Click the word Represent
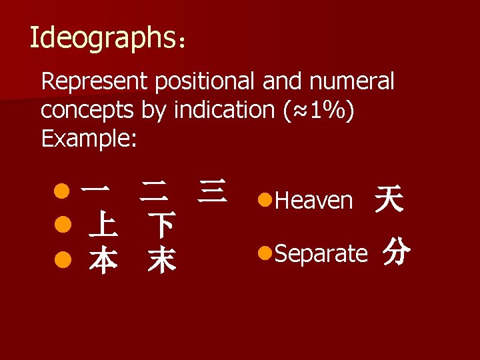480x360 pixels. (x=95, y=82)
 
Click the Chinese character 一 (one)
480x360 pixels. (x=95, y=191)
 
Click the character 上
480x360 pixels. (x=103, y=227)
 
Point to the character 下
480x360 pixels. (x=162, y=227)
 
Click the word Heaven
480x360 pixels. (x=313, y=200)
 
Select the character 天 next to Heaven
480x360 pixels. (x=389, y=199)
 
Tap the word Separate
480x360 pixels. (x=321, y=253)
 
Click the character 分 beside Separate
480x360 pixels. (x=396, y=253)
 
